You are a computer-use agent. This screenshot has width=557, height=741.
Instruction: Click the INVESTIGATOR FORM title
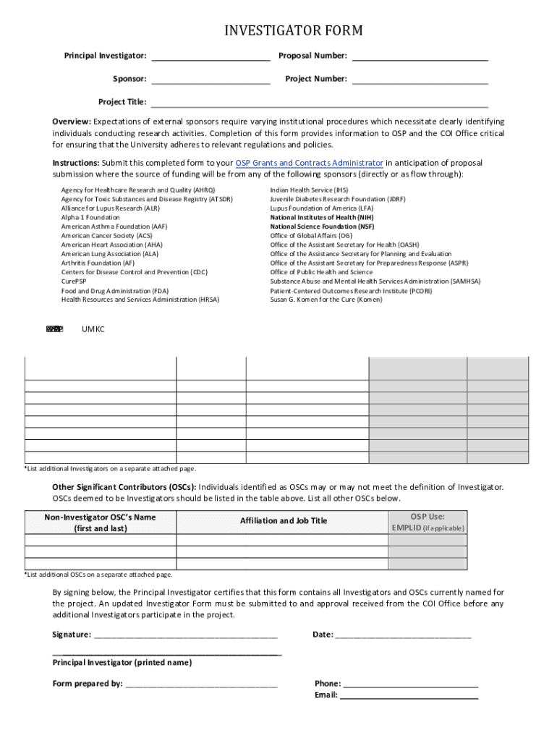[x=293, y=30]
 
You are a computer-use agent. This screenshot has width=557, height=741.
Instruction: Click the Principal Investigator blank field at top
[x=211, y=56]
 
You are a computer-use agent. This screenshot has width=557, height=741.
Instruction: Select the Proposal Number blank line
[x=420, y=56]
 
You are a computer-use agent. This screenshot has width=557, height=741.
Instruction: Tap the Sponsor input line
[x=211, y=79]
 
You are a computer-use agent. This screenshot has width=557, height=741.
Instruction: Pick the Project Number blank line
[x=420, y=79]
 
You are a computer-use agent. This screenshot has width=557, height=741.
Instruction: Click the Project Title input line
[x=319, y=102]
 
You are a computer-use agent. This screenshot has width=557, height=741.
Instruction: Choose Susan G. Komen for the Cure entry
[x=326, y=300]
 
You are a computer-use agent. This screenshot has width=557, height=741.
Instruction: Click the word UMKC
[x=93, y=330]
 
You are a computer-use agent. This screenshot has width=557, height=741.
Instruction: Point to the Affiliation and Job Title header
[x=283, y=521]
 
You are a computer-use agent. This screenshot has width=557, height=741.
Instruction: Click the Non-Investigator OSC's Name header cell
[x=100, y=522]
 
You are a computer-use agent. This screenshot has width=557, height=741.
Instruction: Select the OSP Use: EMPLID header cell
[x=428, y=522]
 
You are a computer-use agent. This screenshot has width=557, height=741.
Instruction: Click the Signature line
[x=186, y=635]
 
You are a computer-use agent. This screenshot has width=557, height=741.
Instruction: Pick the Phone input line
[x=410, y=684]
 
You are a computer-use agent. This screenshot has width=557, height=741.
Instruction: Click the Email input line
[x=409, y=696]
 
